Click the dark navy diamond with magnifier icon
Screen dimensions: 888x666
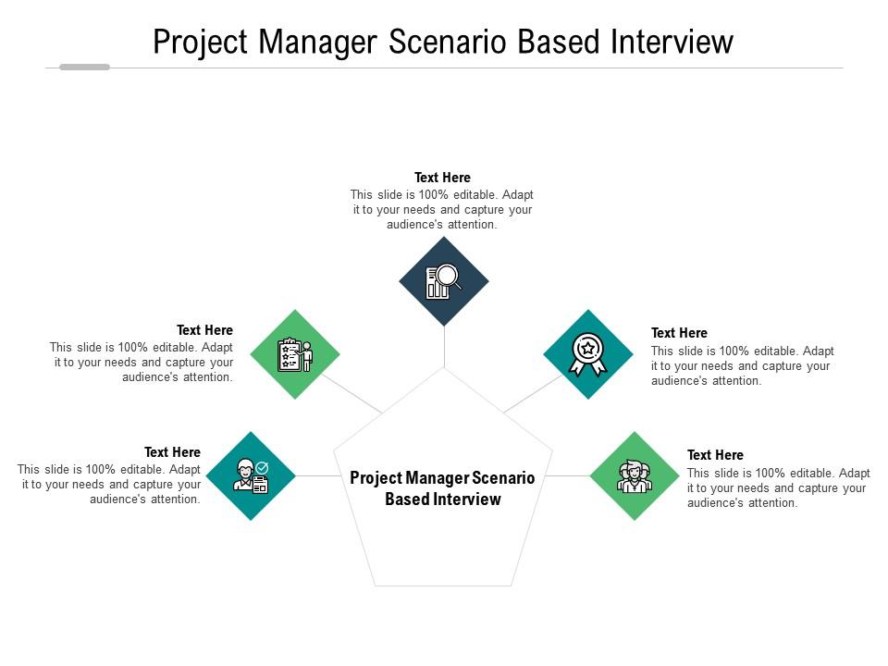444,281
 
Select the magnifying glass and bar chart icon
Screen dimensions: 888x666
443,281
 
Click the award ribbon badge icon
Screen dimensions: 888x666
588,354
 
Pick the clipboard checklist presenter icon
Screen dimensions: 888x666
295,354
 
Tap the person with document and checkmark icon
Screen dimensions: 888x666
251,476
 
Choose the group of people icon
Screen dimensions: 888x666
635,476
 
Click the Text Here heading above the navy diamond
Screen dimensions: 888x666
442,178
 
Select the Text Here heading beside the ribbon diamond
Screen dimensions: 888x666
679,333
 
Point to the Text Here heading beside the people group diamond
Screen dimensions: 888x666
715,455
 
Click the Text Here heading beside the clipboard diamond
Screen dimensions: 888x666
204,330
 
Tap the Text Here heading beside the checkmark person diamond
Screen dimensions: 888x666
172,452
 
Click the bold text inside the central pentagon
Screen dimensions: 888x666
442,488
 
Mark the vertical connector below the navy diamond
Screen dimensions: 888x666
444,347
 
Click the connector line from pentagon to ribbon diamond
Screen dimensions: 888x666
533,394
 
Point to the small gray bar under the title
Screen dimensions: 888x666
84,67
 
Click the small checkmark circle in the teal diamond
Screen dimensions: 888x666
262,468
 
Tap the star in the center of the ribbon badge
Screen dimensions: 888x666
588,348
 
